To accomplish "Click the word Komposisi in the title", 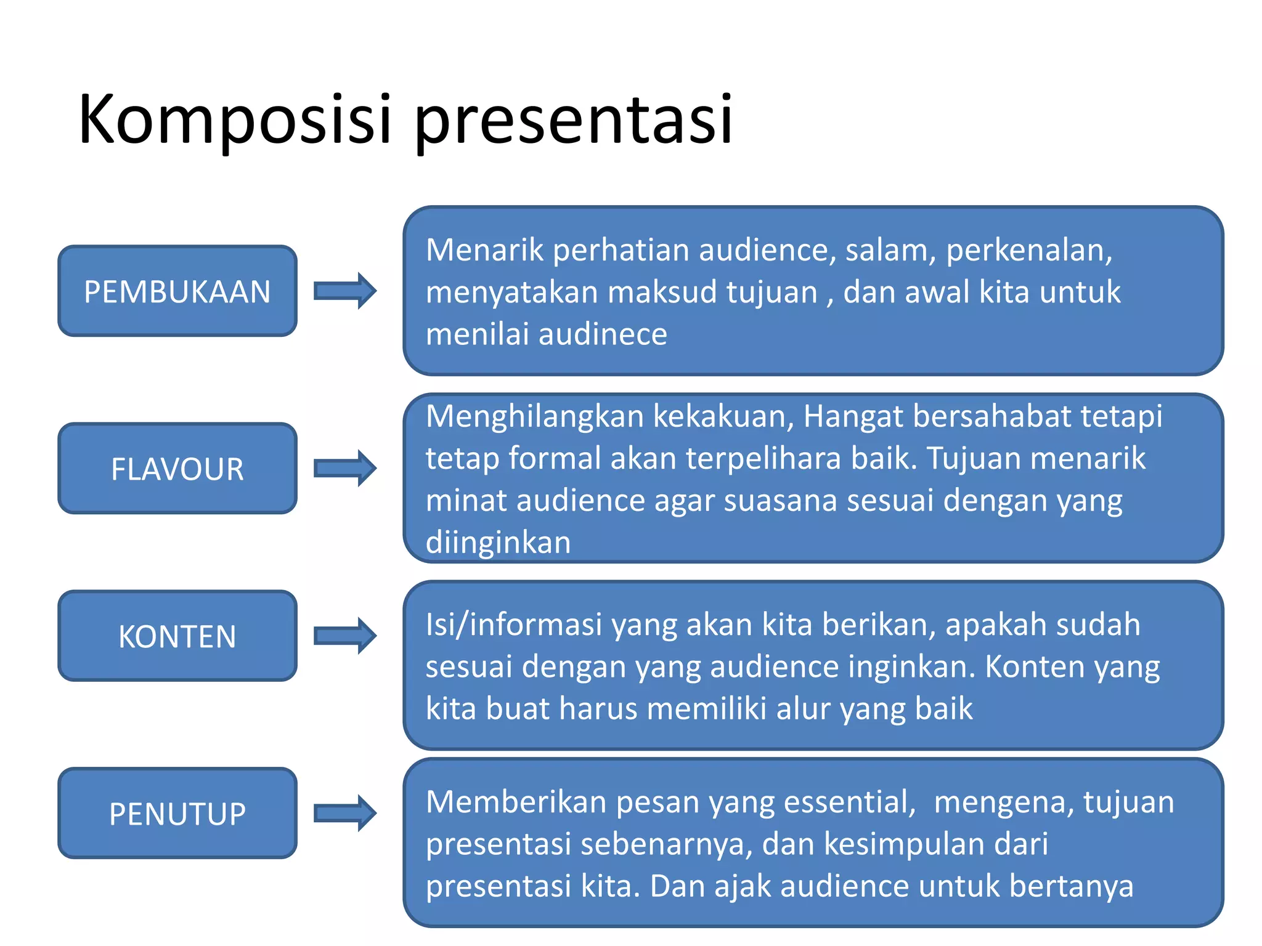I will click(234, 120).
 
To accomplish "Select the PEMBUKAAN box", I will click(177, 291).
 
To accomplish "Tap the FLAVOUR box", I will click(177, 469).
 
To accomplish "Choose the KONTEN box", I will click(177, 636).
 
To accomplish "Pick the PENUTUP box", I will click(177, 814).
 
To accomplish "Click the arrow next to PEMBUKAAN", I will click(345, 291).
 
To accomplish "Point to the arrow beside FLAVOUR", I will click(345, 468).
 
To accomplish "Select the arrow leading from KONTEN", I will click(345, 636).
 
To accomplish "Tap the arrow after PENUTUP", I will click(345, 813).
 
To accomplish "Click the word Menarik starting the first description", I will click(484, 250).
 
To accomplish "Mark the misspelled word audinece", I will click(603, 334).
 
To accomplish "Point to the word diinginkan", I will click(498, 543).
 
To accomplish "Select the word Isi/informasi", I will click(513, 625).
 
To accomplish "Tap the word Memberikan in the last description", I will click(516, 802).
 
